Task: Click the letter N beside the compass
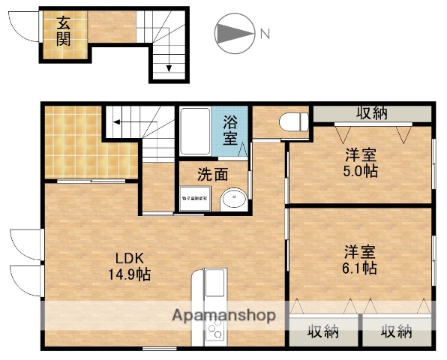pyautogui.click(x=264, y=33)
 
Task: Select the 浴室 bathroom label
pyautogui.click(x=232, y=129)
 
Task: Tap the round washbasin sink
pyautogui.click(x=233, y=199)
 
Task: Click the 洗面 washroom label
pyautogui.click(x=212, y=175)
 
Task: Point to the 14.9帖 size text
pyautogui.click(x=129, y=274)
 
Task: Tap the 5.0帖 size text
pyautogui.click(x=361, y=171)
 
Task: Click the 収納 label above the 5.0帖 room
pyautogui.click(x=371, y=114)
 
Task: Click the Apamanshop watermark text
pyautogui.click(x=225, y=315)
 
